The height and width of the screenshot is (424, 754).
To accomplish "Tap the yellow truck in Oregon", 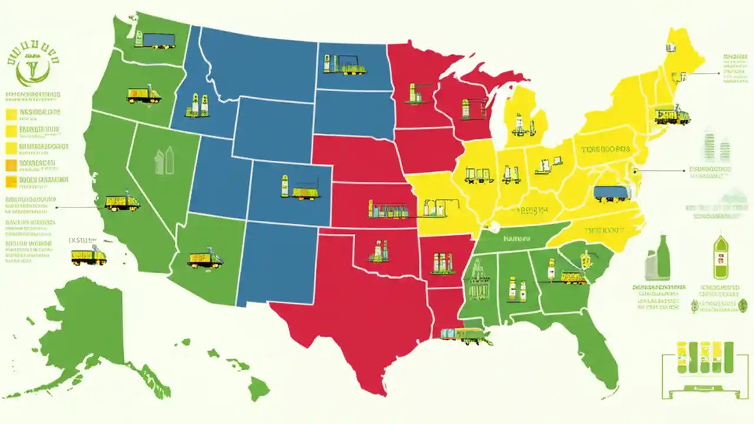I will coord(143,95).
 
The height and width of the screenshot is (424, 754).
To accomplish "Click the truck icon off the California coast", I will coord(88,256).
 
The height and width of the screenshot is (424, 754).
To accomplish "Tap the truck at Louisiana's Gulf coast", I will coord(465,336).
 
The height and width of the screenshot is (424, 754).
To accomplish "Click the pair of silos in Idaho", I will coord(197,105).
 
